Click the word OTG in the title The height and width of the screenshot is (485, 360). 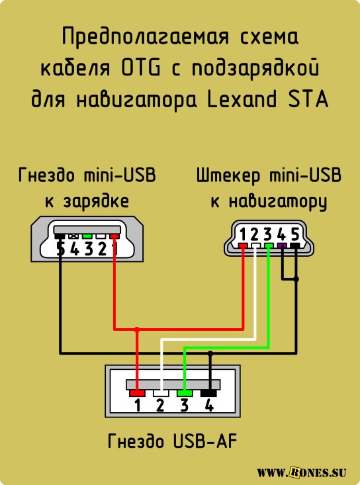click(x=141, y=69)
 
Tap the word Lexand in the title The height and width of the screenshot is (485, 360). click(x=242, y=100)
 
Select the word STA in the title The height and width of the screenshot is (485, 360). click(x=308, y=100)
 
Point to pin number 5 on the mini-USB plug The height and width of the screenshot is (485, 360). click(x=295, y=234)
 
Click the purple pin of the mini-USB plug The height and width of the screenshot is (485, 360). click(x=282, y=246)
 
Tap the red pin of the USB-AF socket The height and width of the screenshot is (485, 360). click(x=137, y=393)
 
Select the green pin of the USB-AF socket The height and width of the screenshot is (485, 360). click(x=185, y=393)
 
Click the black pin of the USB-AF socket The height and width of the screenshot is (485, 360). click(x=208, y=393)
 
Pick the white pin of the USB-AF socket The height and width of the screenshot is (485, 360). click(x=161, y=393)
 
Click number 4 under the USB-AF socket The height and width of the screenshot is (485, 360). click(x=209, y=405)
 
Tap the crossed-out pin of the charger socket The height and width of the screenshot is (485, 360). click(x=73, y=236)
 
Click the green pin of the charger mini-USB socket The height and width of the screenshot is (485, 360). click(x=87, y=236)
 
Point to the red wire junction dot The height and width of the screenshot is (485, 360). click(x=137, y=329)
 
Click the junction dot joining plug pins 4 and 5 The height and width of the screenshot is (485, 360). click(x=296, y=279)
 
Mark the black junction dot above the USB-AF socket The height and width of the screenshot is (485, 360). click(x=210, y=353)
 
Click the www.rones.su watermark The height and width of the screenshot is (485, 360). click(x=301, y=472)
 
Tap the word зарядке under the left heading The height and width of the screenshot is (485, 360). click(x=96, y=202)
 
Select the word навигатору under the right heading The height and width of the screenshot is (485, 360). click(x=277, y=202)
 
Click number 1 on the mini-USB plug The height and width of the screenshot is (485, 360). click(x=243, y=234)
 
